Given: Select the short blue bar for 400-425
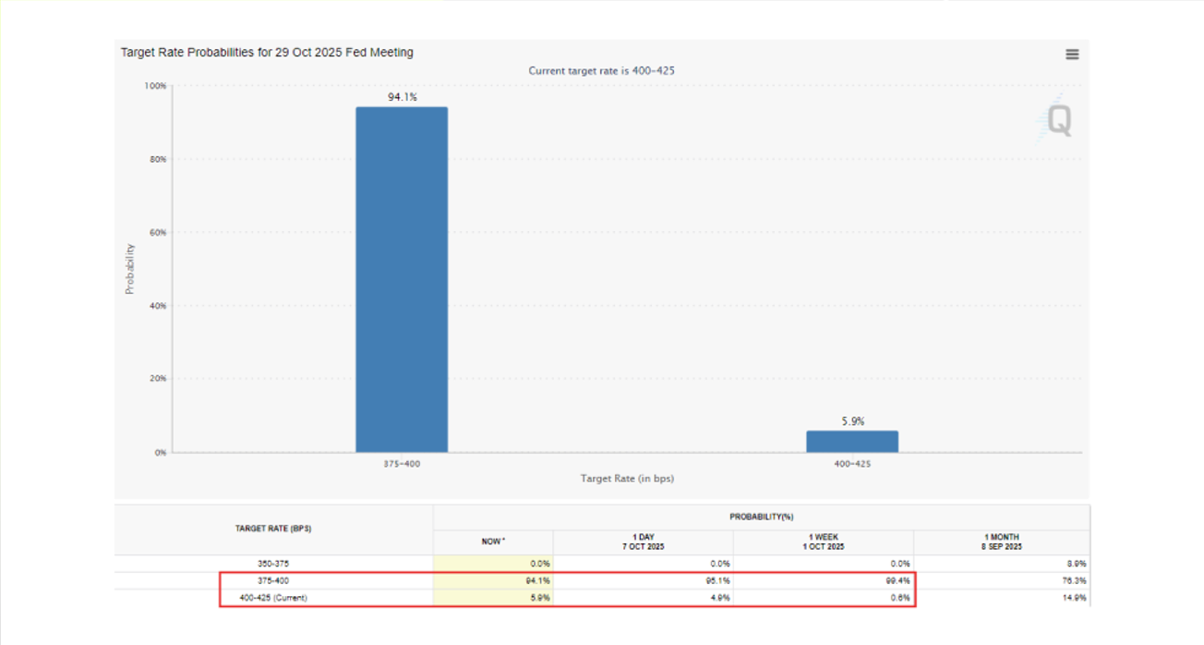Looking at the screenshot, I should click(x=851, y=442).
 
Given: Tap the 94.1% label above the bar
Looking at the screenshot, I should click(x=402, y=96).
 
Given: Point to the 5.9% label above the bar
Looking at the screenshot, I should click(x=852, y=421).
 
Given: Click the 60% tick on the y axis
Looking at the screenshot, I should click(x=156, y=233).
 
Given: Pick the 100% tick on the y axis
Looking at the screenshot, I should click(x=155, y=86).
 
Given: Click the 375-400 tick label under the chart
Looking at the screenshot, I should click(x=402, y=464).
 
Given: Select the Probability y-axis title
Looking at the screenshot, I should click(x=129, y=269).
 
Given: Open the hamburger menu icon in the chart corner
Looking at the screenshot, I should click(x=1072, y=55).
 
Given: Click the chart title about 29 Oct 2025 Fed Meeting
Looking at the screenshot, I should click(x=267, y=53).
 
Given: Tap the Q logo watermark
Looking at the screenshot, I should click(x=1057, y=121).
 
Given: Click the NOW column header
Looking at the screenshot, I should click(x=493, y=542).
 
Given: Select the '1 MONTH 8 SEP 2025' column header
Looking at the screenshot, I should click(x=1001, y=542).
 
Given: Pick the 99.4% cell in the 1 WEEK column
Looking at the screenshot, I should click(x=897, y=580).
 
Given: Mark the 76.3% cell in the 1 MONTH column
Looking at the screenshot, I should click(x=1074, y=580).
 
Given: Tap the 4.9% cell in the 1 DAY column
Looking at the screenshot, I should click(x=717, y=598).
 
